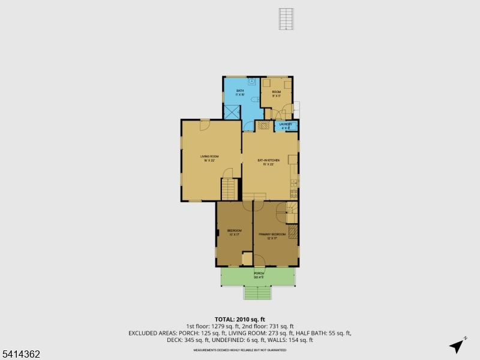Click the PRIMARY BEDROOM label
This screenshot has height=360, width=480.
pyautogui.click(x=272, y=235)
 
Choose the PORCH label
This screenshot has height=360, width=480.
pyautogui.click(x=259, y=275)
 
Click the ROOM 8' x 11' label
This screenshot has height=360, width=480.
pyautogui.click(x=277, y=94)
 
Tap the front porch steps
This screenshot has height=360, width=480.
pyautogui.click(x=259, y=293)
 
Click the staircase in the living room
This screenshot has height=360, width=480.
pyautogui.click(x=229, y=190)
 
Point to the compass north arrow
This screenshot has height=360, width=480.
pyautogui.click(x=457, y=346)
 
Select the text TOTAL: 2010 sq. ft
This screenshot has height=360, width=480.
pyautogui.click(x=240, y=319)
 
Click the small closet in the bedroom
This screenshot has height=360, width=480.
pyautogui.click(x=247, y=259)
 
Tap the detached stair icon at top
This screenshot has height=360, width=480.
pyautogui.click(x=287, y=19)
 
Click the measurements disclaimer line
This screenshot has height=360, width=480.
pyautogui.click(x=240, y=348)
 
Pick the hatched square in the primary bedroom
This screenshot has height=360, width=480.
pyautogui.click(x=293, y=232)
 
